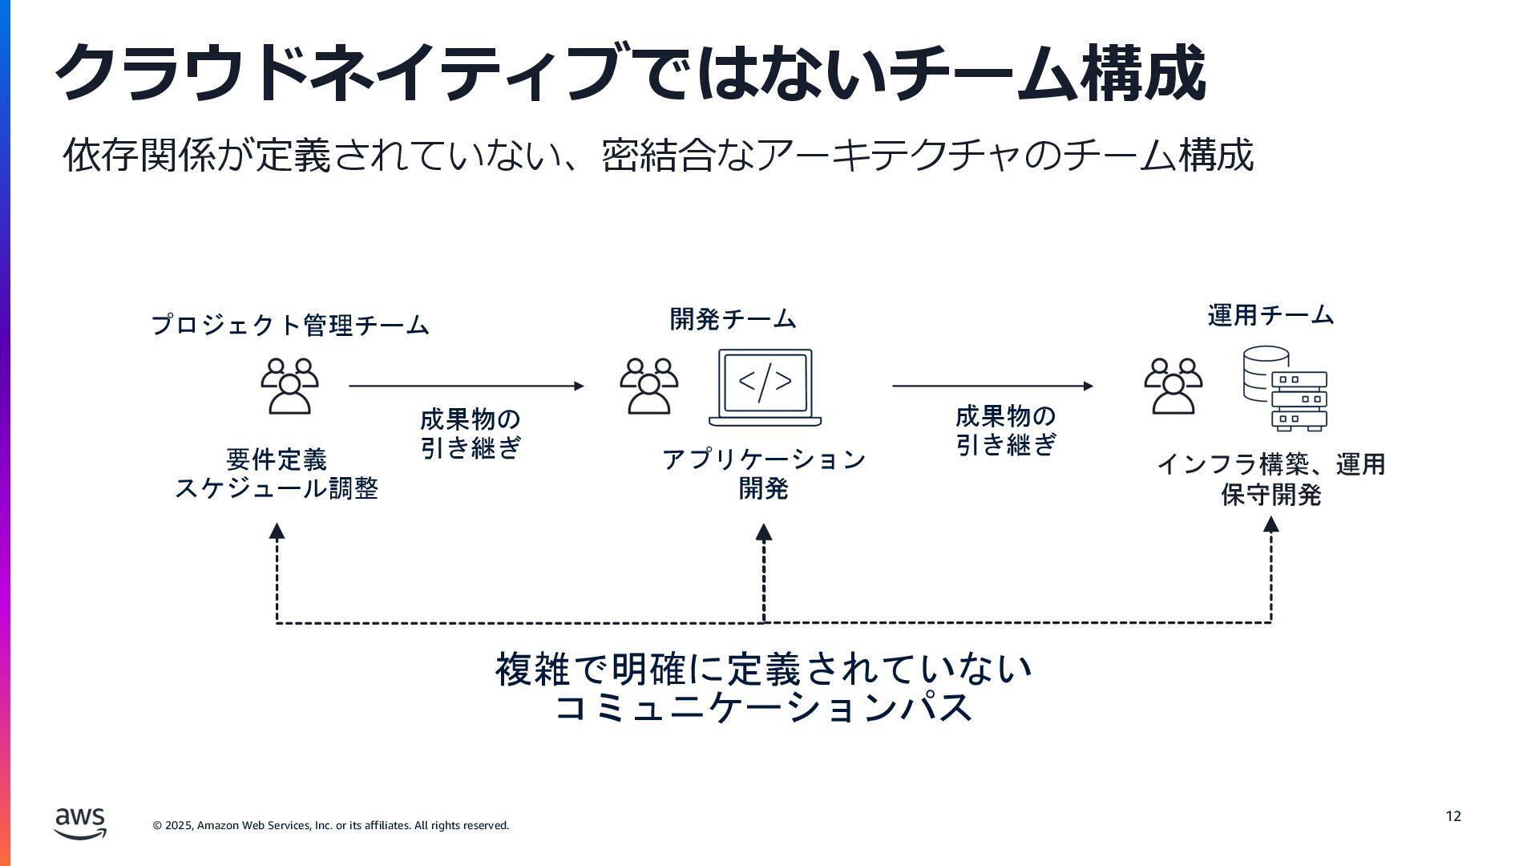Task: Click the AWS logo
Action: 80,823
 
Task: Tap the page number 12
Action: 1453,816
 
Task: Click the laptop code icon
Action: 765,387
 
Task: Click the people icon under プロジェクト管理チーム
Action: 289,386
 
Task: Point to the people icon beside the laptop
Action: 648,386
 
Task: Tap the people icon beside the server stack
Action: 1173,386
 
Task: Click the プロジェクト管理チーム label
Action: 290,325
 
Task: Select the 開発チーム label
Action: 733,319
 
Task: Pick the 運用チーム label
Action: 1270,315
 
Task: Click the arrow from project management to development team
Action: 467,386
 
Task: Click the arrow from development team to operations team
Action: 992,386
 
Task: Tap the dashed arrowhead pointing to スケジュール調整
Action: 277,531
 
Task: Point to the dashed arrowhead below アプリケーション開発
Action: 764,532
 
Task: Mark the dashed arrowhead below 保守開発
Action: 1270,525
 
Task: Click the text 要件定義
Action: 277,459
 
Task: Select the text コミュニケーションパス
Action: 764,708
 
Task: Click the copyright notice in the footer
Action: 331,825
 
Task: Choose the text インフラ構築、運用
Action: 1270,464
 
